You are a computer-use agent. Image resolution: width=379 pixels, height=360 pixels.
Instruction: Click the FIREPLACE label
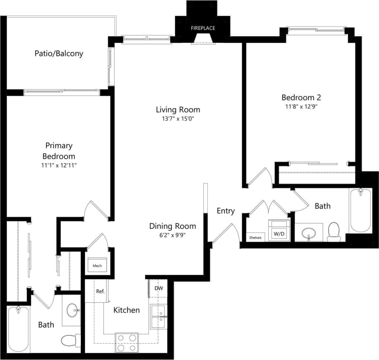(x=203, y=28)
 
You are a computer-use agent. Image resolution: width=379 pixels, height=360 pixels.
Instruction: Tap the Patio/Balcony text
(x=59, y=53)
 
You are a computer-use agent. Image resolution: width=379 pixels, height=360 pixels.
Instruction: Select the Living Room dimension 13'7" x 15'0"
(x=178, y=119)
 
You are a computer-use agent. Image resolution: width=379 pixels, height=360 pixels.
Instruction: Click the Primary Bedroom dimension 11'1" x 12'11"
(x=59, y=165)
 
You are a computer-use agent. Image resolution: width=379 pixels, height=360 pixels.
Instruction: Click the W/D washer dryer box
(x=279, y=233)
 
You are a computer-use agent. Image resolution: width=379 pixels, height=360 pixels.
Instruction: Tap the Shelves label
(x=255, y=238)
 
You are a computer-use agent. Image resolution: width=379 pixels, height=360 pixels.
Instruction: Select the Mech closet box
(x=97, y=266)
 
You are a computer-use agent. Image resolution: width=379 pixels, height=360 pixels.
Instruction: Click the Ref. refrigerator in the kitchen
(x=100, y=291)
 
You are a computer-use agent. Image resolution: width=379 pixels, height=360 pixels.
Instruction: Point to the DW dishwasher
(x=159, y=289)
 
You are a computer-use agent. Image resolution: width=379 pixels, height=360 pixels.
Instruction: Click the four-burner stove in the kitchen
(x=127, y=342)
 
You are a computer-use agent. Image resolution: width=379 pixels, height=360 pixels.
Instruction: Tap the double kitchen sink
(x=158, y=317)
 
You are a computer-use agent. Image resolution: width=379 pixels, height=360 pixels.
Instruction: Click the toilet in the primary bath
(x=71, y=340)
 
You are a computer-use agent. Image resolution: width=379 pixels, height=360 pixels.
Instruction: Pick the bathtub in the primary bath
(x=18, y=329)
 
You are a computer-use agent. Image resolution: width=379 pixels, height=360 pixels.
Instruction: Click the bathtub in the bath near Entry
(x=360, y=210)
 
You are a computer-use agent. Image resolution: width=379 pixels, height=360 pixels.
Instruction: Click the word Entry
(x=225, y=211)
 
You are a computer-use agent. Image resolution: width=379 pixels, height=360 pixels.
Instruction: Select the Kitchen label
(x=127, y=310)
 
